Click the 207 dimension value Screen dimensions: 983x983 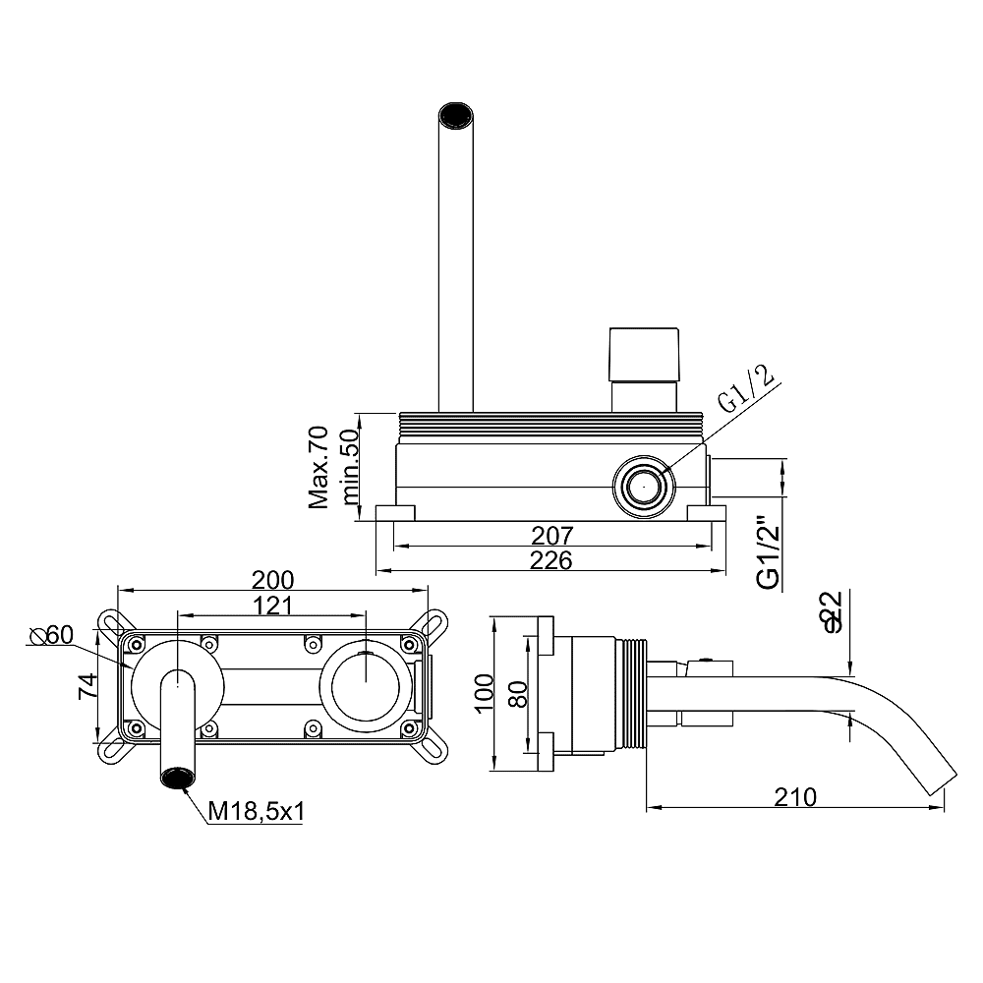point(552,536)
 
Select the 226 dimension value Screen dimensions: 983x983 point(551,560)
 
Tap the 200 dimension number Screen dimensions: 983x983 point(272,580)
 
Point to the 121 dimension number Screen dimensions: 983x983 point(272,605)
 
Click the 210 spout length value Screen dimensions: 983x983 point(795,797)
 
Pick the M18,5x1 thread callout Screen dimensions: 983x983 point(256,812)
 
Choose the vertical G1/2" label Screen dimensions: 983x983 point(769,552)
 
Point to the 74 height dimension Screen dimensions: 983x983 point(87,686)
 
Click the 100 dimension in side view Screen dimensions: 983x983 point(484,693)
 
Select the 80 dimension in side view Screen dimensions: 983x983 point(518,694)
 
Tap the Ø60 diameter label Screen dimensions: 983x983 point(51,635)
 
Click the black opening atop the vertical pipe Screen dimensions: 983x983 point(455,115)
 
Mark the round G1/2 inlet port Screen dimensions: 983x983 point(645,487)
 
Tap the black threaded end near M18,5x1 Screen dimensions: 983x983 point(178,778)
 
